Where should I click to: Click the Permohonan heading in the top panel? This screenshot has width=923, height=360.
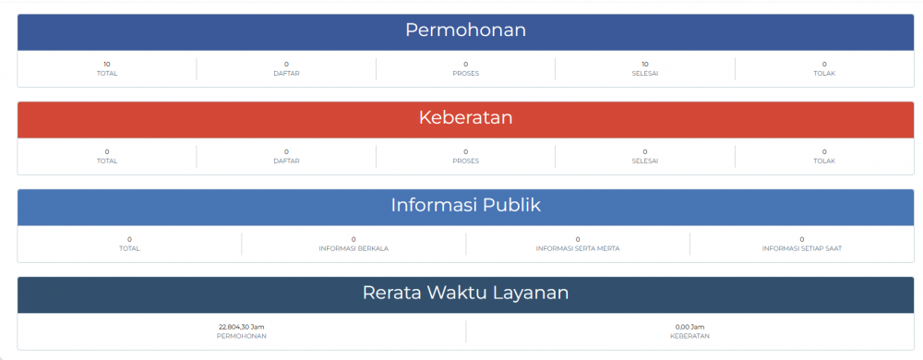point(465,30)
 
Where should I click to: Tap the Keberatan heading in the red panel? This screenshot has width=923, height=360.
point(465,118)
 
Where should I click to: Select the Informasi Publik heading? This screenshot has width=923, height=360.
point(465,205)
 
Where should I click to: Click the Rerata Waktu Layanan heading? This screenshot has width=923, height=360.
point(465,294)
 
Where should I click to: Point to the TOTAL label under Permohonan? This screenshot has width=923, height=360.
point(107,74)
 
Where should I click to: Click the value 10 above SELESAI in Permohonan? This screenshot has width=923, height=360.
point(644,64)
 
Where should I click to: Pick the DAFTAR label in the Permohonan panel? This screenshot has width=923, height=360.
point(286,74)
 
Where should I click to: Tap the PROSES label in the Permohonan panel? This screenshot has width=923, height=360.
point(465,74)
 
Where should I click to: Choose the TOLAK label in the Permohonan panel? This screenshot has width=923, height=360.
point(824,74)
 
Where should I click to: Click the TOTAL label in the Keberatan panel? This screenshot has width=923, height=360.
point(107,161)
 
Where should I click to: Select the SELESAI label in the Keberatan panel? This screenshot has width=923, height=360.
point(644,161)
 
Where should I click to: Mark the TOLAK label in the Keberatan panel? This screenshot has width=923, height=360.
point(824,161)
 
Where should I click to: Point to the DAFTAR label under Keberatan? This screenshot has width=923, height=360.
point(286,161)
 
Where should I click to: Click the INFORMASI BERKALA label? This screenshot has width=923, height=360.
point(354,248)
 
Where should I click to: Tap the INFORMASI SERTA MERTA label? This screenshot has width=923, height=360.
point(578,248)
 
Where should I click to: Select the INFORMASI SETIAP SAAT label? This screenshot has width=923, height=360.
point(802,248)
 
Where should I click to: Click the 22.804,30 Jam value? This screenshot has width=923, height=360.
point(242,326)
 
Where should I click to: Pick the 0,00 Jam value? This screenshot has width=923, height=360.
point(690,326)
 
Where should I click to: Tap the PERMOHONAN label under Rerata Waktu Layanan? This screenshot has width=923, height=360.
point(242,336)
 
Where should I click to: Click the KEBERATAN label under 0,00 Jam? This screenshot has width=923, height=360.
point(690,336)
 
